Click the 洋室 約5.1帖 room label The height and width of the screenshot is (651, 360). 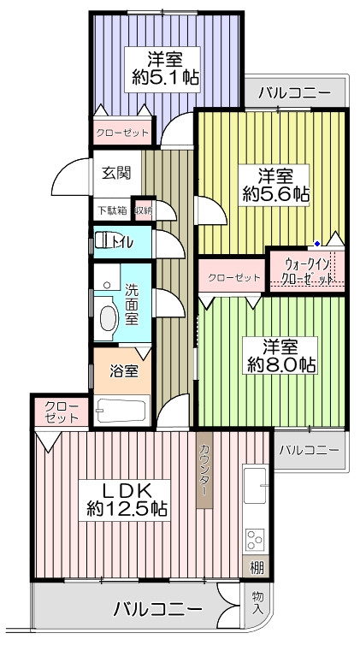click(162, 69)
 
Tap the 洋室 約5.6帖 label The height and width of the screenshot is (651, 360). click(274, 185)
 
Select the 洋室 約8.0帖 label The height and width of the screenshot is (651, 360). click(280, 355)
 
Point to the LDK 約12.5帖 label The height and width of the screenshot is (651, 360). click(125, 500)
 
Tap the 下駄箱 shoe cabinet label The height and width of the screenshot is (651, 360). click(112, 210)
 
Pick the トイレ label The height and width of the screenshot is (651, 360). click(121, 242)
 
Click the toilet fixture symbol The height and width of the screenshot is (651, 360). click(101, 240)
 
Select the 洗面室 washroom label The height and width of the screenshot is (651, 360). click(132, 305)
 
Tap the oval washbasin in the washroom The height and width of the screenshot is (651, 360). click(108, 319)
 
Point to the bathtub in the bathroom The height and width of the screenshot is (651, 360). click(121, 410)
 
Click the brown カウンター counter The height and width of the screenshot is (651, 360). click(204, 470)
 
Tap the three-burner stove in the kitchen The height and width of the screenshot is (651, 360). click(255, 538)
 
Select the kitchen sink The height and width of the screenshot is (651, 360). click(255, 485)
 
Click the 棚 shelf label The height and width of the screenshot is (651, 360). click(257, 567)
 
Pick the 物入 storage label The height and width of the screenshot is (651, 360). click(257, 603)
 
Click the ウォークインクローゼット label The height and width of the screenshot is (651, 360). click(307, 271)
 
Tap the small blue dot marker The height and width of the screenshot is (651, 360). click(317, 243)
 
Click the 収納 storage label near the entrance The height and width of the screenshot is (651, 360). click(144, 210)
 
